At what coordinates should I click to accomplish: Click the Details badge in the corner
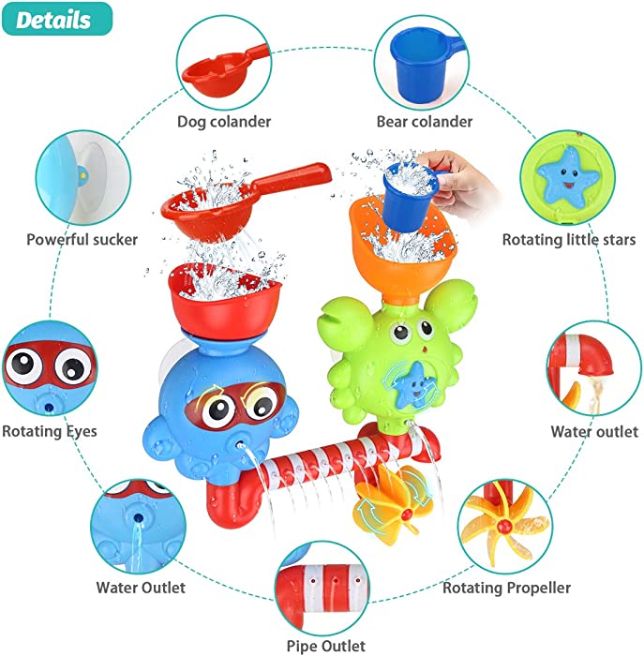click(57, 20)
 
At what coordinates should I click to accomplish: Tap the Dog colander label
click(224, 122)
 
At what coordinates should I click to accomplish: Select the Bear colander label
click(425, 122)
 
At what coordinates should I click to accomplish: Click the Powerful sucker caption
click(82, 240)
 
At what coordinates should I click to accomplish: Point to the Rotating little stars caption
click(569, 240)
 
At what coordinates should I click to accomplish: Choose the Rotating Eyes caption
click(50, 431)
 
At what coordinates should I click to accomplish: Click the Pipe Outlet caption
click(325, 646)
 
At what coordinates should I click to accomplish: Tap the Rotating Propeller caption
click(506, 588)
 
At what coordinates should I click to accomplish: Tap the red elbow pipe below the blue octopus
click(230, 502)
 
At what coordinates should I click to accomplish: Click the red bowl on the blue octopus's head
click(224, 299)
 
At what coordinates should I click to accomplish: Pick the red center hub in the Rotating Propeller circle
click(505, 524)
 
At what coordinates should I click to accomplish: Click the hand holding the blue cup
click(460, 180)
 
